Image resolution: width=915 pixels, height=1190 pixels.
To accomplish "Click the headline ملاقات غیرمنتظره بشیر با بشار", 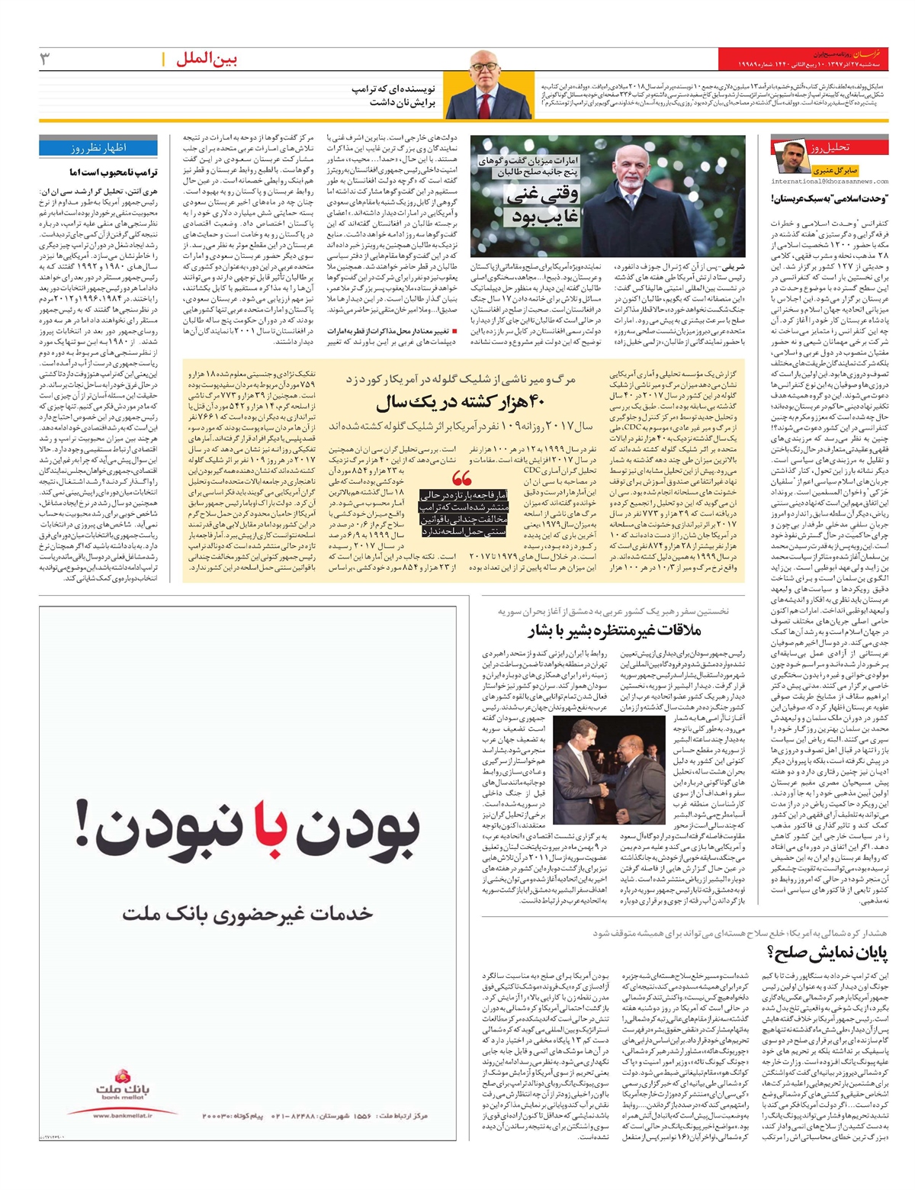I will point(614,630).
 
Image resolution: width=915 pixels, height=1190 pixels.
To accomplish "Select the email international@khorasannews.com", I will point(830,182).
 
